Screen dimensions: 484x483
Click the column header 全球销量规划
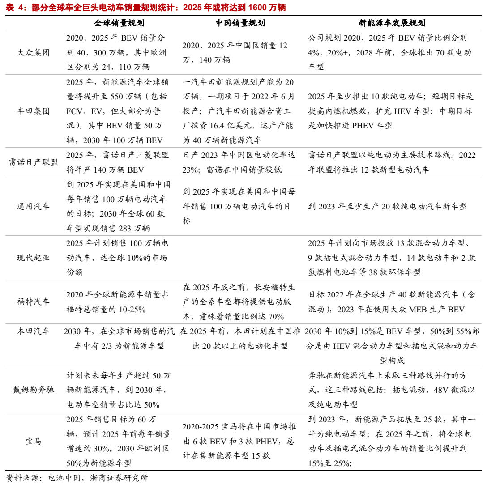point(119,23)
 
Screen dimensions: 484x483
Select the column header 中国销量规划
point(239,23)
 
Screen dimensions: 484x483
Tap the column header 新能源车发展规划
point(392,23)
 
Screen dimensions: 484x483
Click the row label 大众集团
point(34,53)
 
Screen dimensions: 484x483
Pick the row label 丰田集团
point(34,111)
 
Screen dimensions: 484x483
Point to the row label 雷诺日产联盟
point(34,162)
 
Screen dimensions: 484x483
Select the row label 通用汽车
point(34,206)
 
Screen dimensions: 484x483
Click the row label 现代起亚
point(34,258)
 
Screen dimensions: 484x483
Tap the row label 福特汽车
point(34,301)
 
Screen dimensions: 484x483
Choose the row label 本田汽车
point(34,331)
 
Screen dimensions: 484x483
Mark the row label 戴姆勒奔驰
point(34,390)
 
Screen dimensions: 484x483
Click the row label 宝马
point(34,441)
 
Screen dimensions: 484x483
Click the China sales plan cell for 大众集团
point(235,52)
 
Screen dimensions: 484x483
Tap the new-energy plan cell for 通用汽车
point(387,206)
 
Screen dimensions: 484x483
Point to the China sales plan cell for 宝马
point(239,441)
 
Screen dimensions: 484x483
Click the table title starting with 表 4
point(146,8)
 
